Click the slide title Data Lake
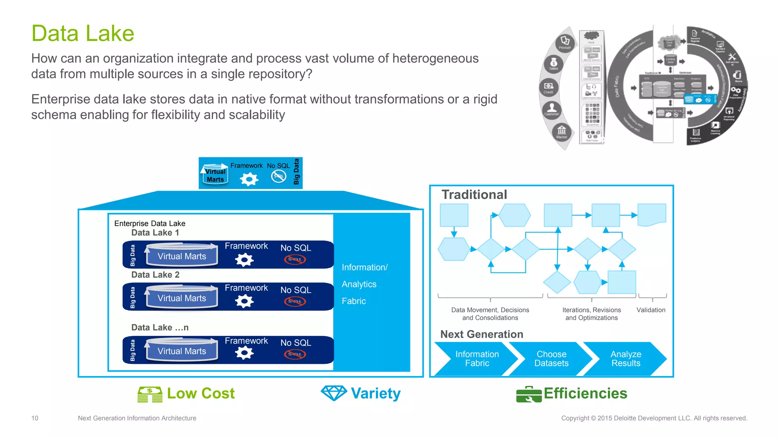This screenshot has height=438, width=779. pyautogui.click(x=83, y=33)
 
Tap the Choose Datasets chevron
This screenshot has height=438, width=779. pyautogui.click(x=551, y=359)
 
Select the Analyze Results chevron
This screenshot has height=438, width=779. pyautogui.click(x=626, y=359)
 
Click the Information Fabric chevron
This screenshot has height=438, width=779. pyautogui.click(x=477, y=359)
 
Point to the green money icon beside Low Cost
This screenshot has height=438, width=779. pyautogui.click(x=150, y=394)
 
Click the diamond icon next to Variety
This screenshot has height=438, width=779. pyautogui.click(x=334, y=393)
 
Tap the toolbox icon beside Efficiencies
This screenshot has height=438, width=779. pyautogui.click(x=529, y=394)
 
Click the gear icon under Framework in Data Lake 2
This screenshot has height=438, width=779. pyautogui.click(x=244, y=302)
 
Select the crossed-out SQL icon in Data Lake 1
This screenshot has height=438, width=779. pyautogui.click(x=295, y=260)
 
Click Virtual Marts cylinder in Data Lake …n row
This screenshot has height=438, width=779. pyautogui.click(x=182, y=351)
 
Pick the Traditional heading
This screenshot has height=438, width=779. pyautogui.click(x=474, y=194)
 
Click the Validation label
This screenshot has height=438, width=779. pyautogui.click(x=651, y=310)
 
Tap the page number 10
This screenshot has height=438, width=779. pyautogui.click(x=35, y=418)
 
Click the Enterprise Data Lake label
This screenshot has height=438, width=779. pyautogui.click(x=150, y=223)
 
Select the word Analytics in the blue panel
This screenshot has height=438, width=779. pyautogui.click(x=359, y=284)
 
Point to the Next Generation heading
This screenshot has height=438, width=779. pyautogui.click(x=482, y=334)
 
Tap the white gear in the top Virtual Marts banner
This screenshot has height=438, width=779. pyautogui.click(x=249, y=179)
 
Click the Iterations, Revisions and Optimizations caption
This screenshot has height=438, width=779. pyautogui.click(x=591, y=314)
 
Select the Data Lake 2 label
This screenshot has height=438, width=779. pyautogui.click(x=155, y=275)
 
